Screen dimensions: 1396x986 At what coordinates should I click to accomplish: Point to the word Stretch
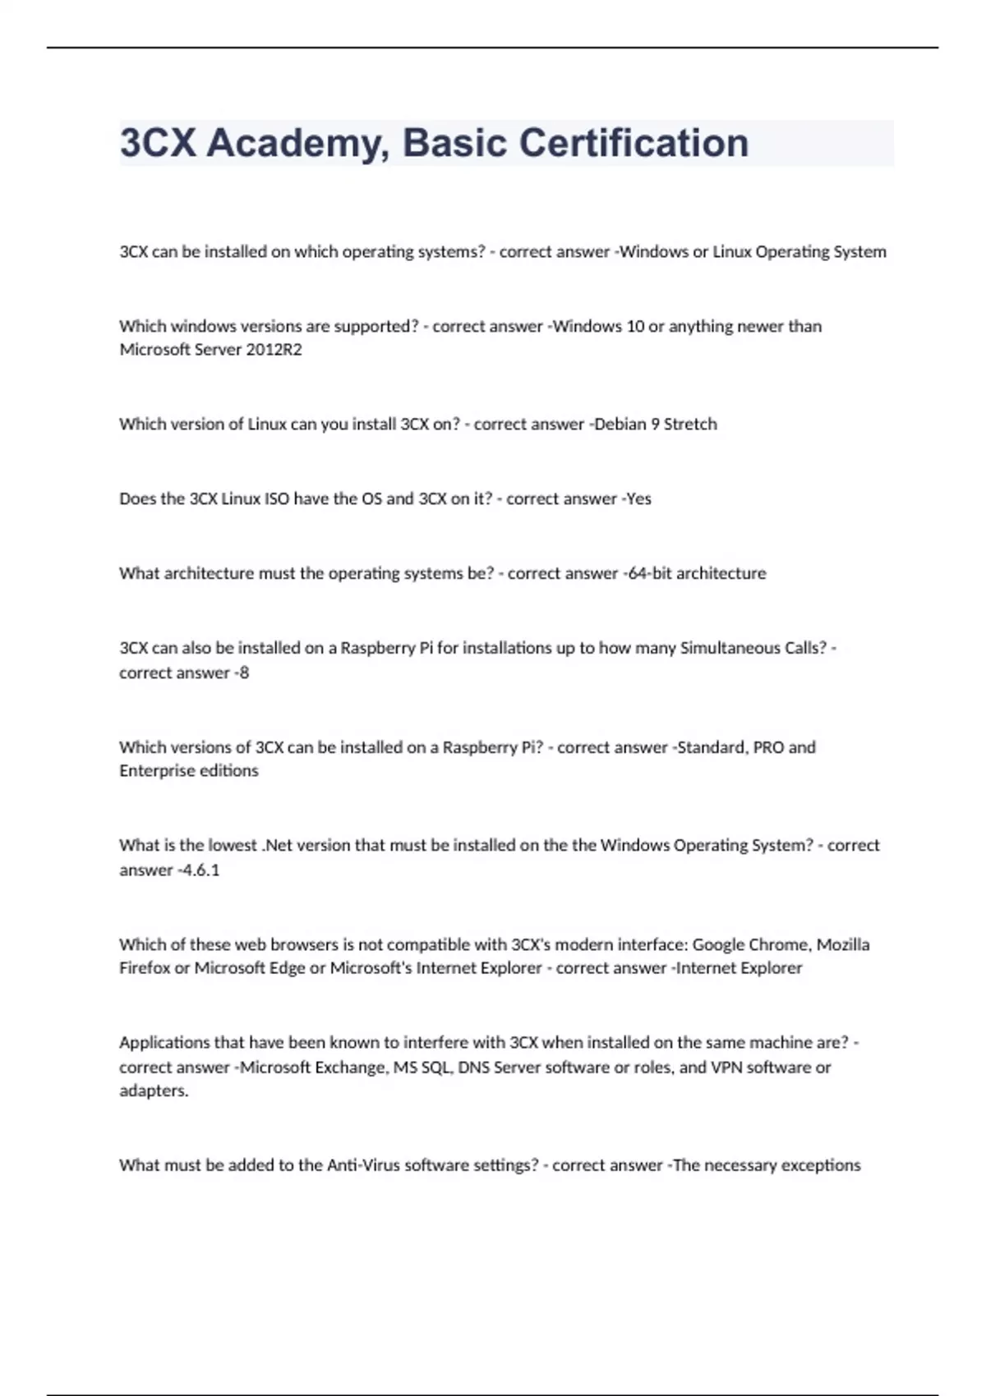(690, 425)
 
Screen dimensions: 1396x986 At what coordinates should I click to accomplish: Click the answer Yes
(638, 499)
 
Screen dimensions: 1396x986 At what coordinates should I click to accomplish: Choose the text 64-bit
(649, 573)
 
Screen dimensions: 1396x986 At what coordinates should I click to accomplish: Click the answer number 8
(243, 673)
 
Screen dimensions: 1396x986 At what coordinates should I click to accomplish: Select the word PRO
(768, 747)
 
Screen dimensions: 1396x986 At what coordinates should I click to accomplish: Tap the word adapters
(154, 1091)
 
